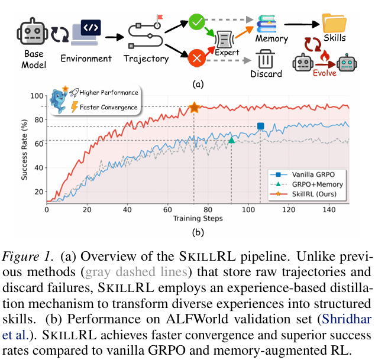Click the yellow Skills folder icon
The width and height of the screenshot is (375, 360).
[335, 24]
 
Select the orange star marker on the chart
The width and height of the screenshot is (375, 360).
[194, 108]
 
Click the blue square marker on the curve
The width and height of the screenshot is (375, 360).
[260, 126]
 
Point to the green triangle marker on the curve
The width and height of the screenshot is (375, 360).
[232, 140]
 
